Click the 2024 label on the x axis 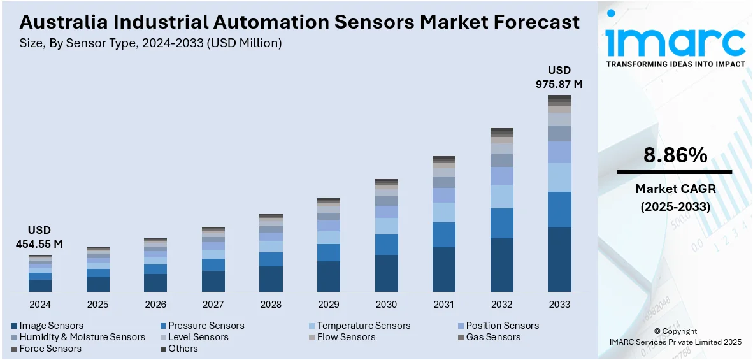click(x=39, y=305)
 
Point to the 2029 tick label click(x=329, y=305)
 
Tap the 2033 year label click(x=559, y=305)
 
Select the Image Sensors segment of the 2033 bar click(x=559, y=259)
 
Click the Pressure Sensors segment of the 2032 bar click(x=501, y=223)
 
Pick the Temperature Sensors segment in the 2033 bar click(x=559, y=177)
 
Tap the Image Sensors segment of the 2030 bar click(x=386, y=273)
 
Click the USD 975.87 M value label click(x=559, y=76)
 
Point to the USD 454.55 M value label click(x=39, y=237)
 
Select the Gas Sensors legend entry click(x=492, y=337)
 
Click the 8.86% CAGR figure click(x=675, y=155)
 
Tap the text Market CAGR click(x=675, y=189)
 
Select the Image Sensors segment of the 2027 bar click(x=213, y=281)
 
